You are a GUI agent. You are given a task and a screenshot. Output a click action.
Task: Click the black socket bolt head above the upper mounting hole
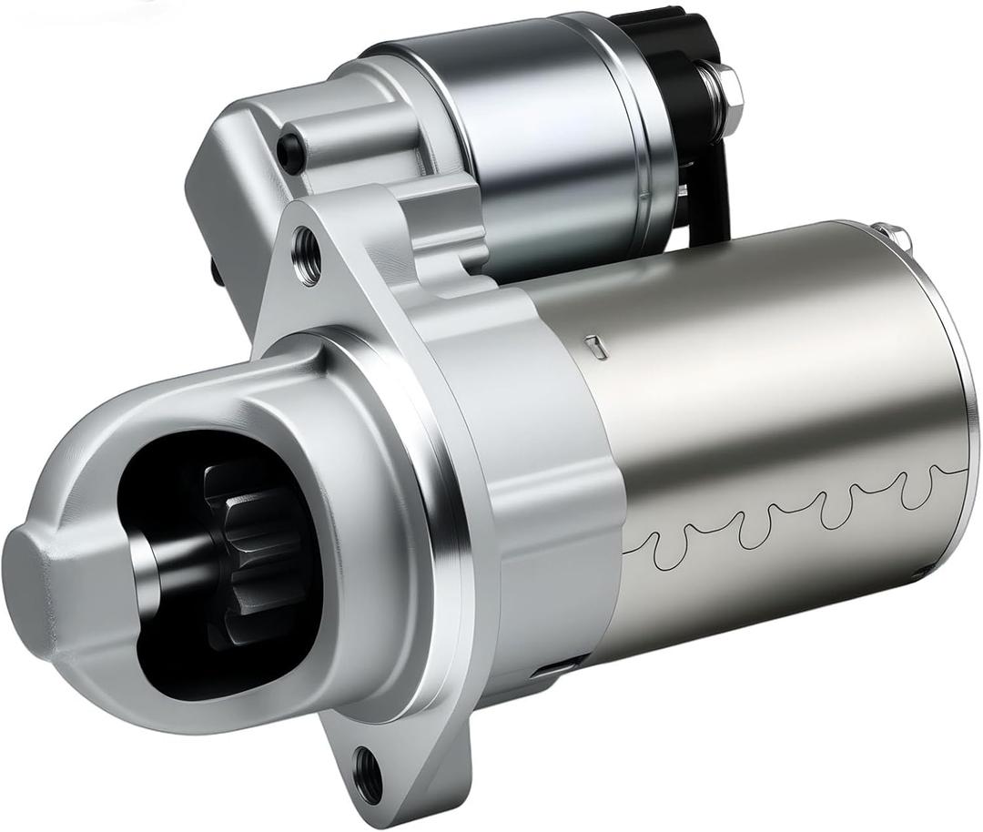289,147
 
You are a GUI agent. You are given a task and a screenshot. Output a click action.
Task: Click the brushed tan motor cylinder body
774,391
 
